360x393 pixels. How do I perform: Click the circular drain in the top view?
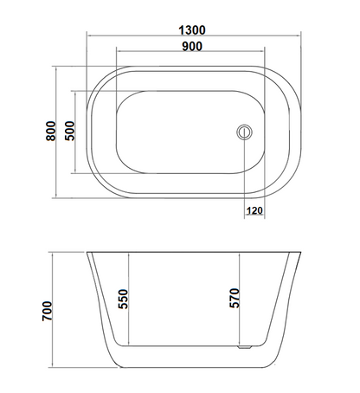pos(244,132)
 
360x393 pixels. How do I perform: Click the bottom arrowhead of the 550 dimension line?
pos(132,342)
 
